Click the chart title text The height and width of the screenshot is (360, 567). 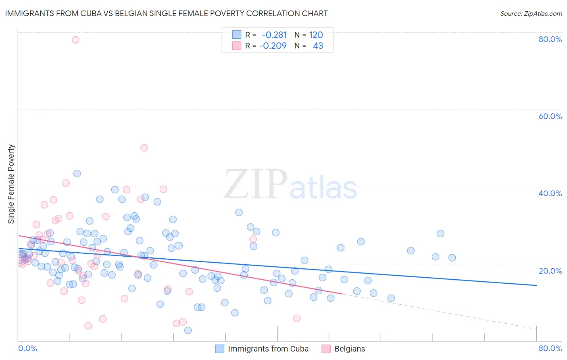[x=166, y=13]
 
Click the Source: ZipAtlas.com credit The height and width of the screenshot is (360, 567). [x=531, y=13]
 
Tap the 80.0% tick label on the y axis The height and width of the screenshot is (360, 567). [x=550, y=39]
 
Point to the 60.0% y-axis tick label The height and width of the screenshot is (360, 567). [x=550, y=116]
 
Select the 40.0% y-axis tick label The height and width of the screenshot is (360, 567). [x=550, y=193]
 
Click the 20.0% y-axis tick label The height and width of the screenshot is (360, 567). [x=550, y=270]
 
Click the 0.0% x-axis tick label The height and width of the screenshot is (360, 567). [x=27, y=348]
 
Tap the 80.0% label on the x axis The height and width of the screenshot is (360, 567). [x=550, y=348]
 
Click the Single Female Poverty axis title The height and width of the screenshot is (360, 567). [x=11, y=184]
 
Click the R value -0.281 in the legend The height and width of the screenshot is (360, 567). [x=274, y=35]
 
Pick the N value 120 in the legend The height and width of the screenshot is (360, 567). [x=316, y=35]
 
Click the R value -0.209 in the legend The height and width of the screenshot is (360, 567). [x=273, y=46]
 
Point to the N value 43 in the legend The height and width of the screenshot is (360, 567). [x=318, y=46]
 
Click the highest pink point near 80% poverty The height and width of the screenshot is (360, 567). [x=75, y=40]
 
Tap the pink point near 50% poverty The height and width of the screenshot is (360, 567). [x=144, y=148]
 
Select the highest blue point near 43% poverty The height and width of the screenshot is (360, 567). [x=77, y=174]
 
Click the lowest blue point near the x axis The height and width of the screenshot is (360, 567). [x=188, y=330]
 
